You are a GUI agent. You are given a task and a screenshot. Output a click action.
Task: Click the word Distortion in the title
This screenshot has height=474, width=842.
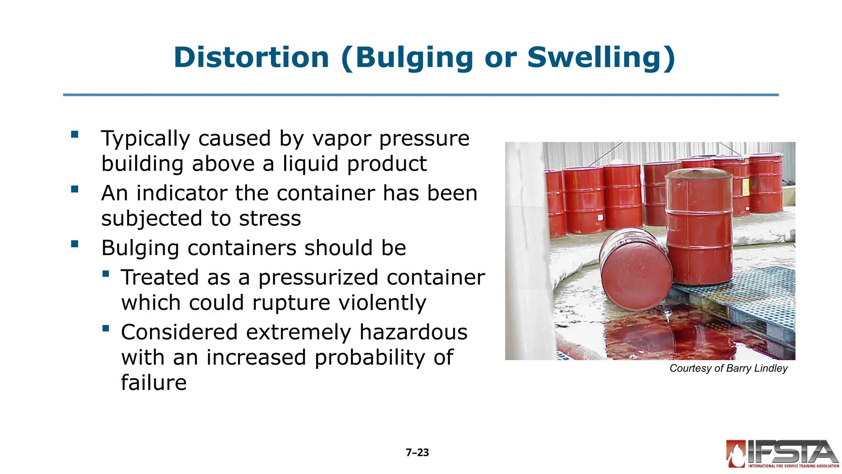251,57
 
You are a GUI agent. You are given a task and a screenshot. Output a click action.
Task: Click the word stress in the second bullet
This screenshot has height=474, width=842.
270,218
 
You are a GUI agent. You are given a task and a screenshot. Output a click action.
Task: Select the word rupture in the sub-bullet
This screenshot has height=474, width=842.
291,303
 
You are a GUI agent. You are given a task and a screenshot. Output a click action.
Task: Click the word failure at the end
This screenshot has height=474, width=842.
153,383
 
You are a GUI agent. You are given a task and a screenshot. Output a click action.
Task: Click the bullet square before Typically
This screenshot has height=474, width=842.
74,134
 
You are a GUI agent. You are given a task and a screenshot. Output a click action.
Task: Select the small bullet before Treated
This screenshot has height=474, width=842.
106,274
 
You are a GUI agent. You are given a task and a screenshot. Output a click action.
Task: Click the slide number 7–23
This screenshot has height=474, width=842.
417,453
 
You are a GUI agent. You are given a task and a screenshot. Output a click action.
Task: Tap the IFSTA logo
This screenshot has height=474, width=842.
782,454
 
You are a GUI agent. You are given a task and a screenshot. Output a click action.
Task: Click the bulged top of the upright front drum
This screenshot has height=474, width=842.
699,173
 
